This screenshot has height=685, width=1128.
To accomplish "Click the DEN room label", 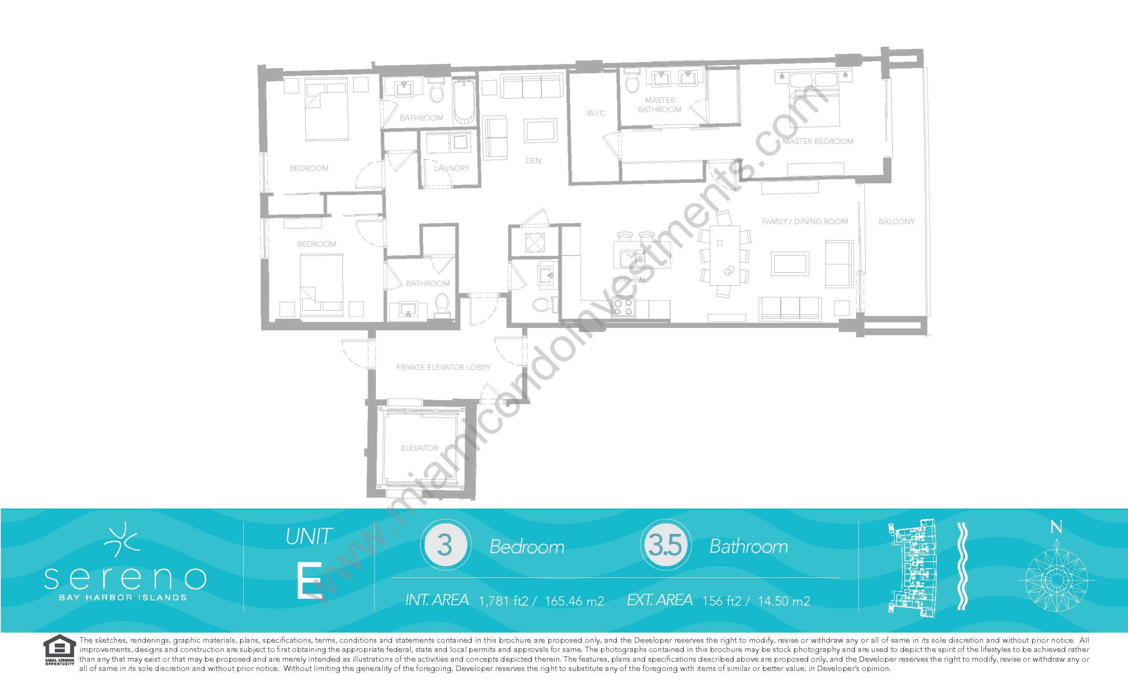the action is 533,161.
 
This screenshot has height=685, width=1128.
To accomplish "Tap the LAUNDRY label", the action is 451,168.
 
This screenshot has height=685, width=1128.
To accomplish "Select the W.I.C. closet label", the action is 596,113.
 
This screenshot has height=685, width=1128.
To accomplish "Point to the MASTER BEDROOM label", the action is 818,141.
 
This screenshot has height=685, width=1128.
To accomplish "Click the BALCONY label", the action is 896,222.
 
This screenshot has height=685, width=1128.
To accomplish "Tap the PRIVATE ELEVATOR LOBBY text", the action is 443,367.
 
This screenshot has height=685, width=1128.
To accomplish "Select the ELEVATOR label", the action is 420,448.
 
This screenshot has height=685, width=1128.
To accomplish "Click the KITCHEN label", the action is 628,280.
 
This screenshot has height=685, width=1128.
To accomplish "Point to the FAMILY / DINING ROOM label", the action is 805,222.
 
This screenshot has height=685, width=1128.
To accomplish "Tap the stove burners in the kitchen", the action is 623,306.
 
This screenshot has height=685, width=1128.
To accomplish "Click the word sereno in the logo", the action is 125,579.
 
